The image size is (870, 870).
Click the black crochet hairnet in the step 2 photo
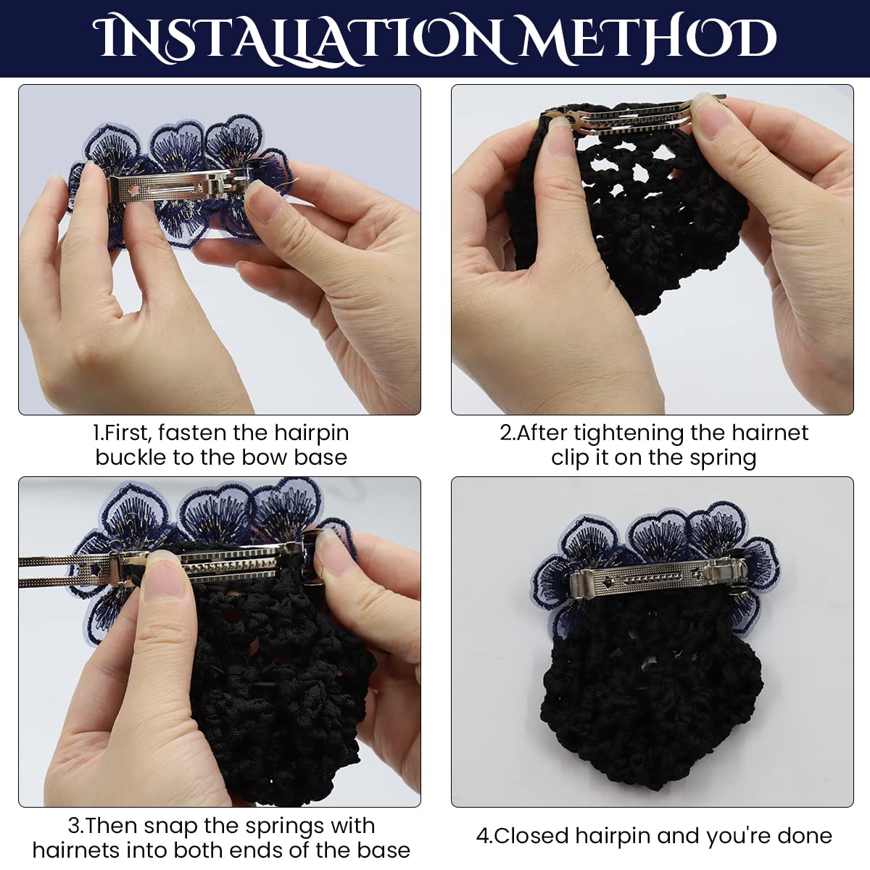[x=625, y=212]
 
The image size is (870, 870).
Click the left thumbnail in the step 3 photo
[x=165, y=573]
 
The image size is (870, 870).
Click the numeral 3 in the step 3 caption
[x=74, y=826]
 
